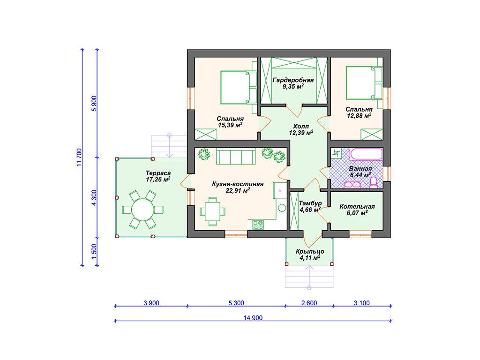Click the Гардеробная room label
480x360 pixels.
click(293, 80)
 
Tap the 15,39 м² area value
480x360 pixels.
click(230, 125)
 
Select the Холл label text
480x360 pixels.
click(300, 127)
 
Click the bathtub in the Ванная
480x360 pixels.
click(366, 154)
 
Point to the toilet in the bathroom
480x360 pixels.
click(374, 182)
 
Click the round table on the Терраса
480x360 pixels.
click(142, 210)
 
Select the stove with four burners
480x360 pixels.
click(258, 225)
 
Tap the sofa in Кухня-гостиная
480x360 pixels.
click(236, 157)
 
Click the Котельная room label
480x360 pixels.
click(357, 207)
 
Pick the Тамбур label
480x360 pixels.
click(310, 203)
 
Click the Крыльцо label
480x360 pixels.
click(310, 252)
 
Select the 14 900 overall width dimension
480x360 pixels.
click(253, 318)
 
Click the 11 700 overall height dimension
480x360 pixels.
click(80, 157)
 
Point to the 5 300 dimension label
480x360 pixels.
click(236, 303)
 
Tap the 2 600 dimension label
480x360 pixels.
click(309, 303)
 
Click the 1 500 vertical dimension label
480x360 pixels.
click(94, 251)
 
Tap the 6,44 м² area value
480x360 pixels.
click(360, 175)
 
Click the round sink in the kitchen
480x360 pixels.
click(282, 208)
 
